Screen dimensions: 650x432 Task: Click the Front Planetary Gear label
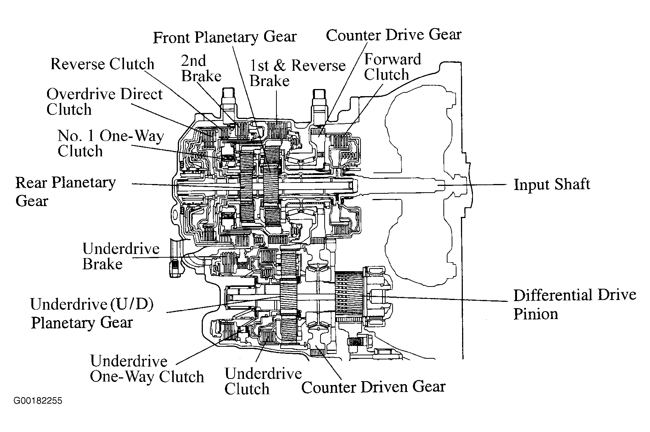pos(225,37)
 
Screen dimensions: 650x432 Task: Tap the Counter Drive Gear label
pos(394,35)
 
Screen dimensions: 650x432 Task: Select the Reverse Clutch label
pos(102,64)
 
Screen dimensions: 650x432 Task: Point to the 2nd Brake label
pos(201,68)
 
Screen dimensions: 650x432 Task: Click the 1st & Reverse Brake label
pos(297,73)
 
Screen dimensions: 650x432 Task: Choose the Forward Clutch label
pos(392,67)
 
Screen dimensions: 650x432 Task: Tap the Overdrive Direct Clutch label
pos(104,102)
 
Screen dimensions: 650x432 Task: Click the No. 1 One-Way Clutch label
pos(111,143)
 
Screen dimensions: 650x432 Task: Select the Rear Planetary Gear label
pos(65,192)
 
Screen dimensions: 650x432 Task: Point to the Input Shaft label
pos(552,184)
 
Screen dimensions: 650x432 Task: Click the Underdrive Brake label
pos(121,256)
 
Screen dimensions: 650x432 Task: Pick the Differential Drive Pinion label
pos(575,304)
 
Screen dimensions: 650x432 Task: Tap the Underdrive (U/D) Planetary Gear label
pos(92,313)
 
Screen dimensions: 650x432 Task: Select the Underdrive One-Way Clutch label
pos(147,369)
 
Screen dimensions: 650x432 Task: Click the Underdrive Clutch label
pos(263,381)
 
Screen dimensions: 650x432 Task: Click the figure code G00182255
pos(38,401)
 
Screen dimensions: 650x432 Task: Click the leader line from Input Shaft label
pos(473,184)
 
